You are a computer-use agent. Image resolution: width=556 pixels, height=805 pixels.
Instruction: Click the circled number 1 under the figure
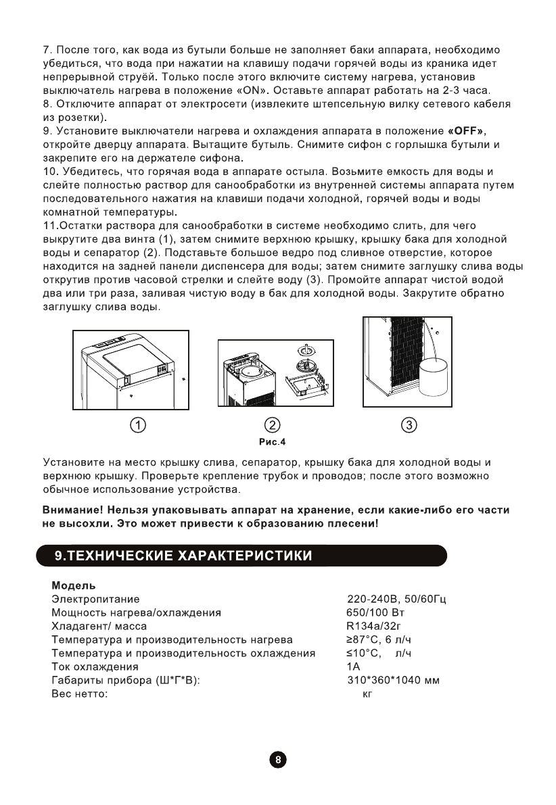(138, 425)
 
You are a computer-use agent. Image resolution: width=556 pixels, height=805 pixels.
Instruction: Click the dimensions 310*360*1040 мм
(393, 680)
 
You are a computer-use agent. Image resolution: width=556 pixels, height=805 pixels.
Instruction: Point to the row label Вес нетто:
(80, 693)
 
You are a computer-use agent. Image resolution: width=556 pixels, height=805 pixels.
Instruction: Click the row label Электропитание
(95, 599)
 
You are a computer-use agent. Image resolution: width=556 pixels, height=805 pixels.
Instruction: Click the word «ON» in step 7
(253, 90)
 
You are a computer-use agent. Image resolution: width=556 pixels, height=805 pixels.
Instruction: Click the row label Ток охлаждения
(95, 666)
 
